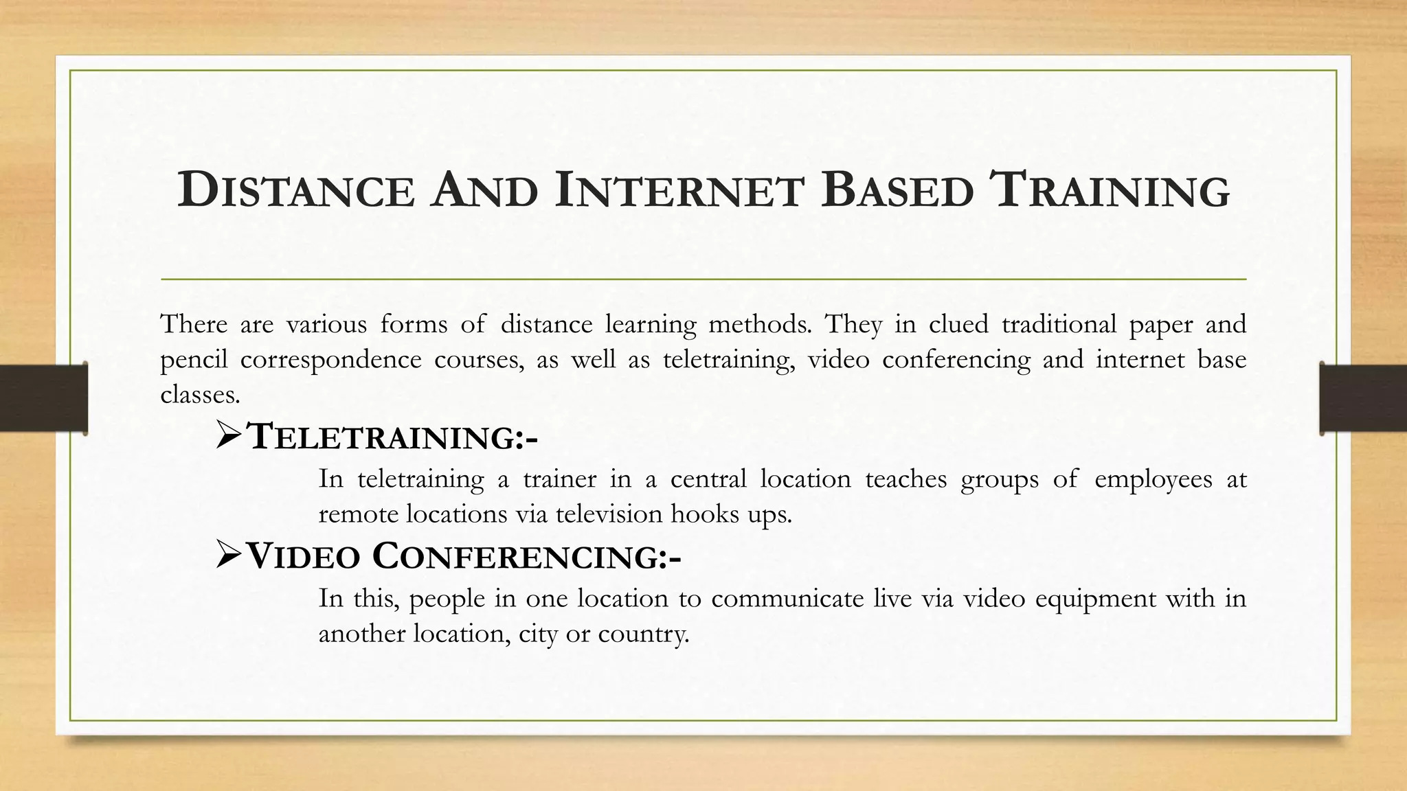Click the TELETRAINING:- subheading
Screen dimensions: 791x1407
(x=392, y=437)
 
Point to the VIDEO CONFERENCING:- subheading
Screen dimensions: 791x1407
(x=464, y=556)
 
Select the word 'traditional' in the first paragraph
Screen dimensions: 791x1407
(x=1059, y=324)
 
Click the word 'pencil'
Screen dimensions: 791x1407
(x=194, y=360)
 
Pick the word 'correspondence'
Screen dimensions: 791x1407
(x=330, y=360)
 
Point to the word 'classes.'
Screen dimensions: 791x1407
(x=200, y=395)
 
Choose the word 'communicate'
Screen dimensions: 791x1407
(x=787, y=599)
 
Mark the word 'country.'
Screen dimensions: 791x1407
(x=643, y=634)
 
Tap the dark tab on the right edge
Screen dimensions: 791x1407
(x=1363, y=398)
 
